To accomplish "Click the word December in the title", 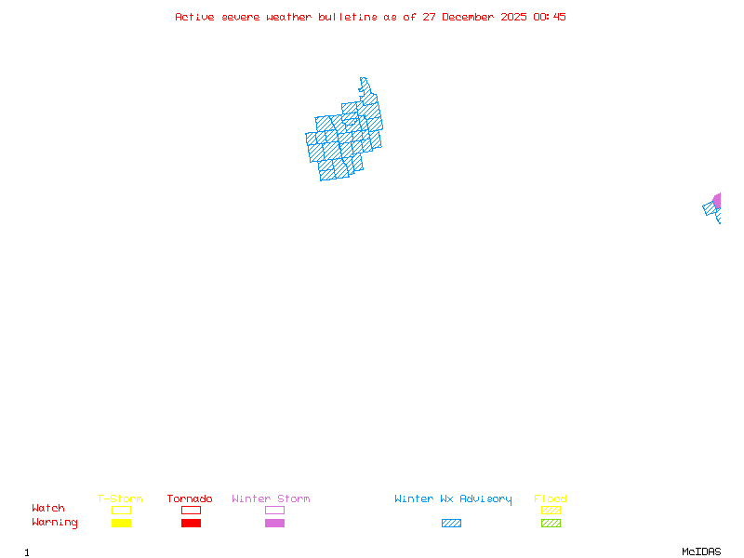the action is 472,17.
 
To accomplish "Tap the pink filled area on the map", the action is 717,200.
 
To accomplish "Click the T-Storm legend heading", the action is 120,499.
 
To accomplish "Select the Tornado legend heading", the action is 190,499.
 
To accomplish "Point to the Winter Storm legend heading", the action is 271,499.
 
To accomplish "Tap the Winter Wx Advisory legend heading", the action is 453,499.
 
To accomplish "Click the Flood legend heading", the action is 551,499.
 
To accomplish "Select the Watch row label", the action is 48,509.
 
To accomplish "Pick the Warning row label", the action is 55,523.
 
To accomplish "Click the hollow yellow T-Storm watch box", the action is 121,510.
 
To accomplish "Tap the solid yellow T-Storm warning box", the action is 121,523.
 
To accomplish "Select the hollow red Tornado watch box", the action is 191,510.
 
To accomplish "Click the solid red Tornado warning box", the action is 191,523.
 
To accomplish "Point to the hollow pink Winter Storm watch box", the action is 274,510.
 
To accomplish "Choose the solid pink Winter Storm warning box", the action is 274,523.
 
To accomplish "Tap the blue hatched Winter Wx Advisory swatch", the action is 451,523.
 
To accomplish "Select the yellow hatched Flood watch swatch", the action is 551,510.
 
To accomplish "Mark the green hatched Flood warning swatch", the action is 551,523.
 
